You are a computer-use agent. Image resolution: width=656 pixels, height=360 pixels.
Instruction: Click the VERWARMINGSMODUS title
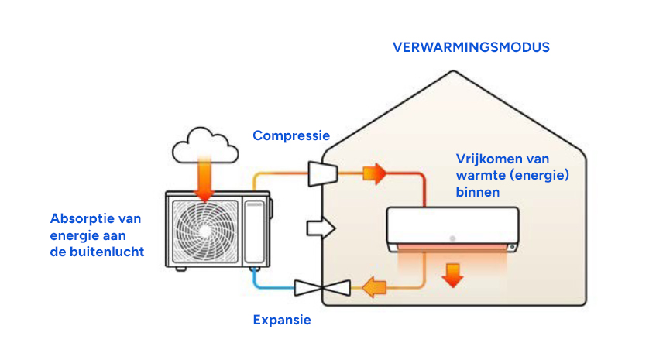471,47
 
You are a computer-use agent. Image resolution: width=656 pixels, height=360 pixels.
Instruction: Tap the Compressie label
291,135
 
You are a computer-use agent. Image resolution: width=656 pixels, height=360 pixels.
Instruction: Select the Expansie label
282,320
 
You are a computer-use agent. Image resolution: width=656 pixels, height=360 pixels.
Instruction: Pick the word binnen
478,191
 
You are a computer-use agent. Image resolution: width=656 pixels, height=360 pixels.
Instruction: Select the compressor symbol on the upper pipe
320,173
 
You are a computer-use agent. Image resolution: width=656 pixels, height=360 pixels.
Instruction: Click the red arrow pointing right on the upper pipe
374,173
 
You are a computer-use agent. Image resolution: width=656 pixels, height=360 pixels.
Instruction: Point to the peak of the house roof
455,72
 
